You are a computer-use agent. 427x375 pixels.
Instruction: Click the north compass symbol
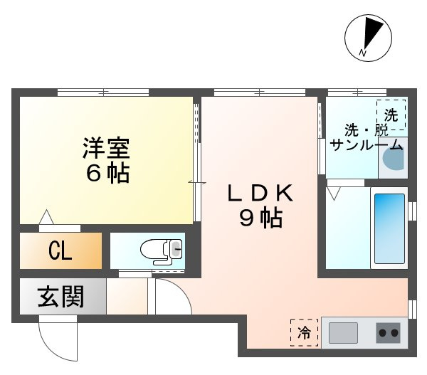pyautogui.click(x=368, y=36)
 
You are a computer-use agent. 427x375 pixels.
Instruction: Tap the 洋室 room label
pyautogui.click(x=105, y=148)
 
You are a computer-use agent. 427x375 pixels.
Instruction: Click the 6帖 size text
pyautogui.click(x=105, y=173)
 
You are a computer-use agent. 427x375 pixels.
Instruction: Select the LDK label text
pyautogui.click(x=260, y=193)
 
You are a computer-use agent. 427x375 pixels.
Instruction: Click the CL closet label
pyautogui.click(x=60, y=250)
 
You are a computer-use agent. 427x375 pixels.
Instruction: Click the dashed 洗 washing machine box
pyautogui.click(x=391, y=114)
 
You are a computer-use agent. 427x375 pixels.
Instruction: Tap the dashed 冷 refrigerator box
pyautogui.click(x=304, y=331)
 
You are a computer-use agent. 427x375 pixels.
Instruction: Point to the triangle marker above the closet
pyautogui.click(x=47, y=216)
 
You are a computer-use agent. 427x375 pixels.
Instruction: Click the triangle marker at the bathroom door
pyautogui.click(x=334, y=192)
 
